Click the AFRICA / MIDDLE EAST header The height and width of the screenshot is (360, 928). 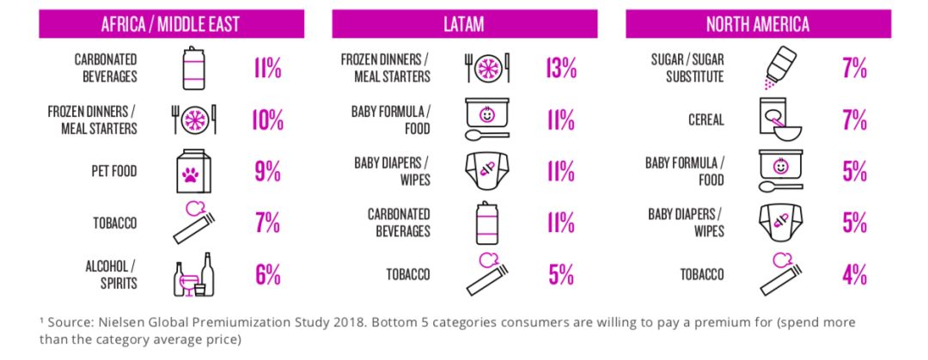click(x=170, y=24)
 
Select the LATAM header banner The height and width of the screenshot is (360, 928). click(x=465, y=24)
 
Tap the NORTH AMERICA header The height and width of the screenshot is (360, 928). click(x=758, y=24)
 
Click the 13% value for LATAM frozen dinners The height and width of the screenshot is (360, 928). click(x=560, y=69)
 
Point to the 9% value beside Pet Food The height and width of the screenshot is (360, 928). click(x=267, y=172)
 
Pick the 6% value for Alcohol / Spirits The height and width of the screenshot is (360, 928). click(x=267, y=275)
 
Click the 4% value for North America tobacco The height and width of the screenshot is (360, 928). click(x=854, y=275)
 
